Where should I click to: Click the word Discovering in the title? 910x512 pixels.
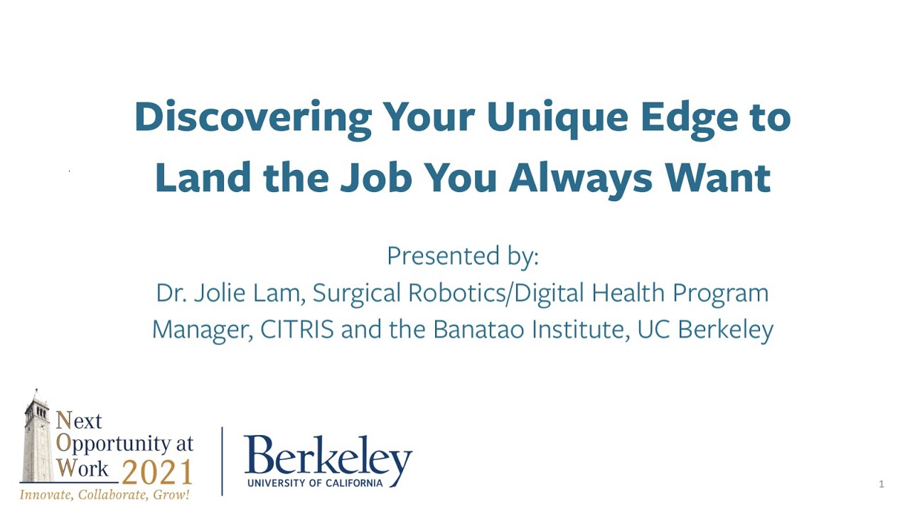(252, 117)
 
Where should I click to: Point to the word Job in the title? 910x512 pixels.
(376, 178)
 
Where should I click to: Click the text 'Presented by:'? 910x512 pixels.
(462, 256)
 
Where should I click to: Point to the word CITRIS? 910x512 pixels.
(296, 330)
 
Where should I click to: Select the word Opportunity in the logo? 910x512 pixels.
(124, 444)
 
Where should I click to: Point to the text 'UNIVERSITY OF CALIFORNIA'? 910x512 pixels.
(315, 483)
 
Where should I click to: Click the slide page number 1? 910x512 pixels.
(882, 485)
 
